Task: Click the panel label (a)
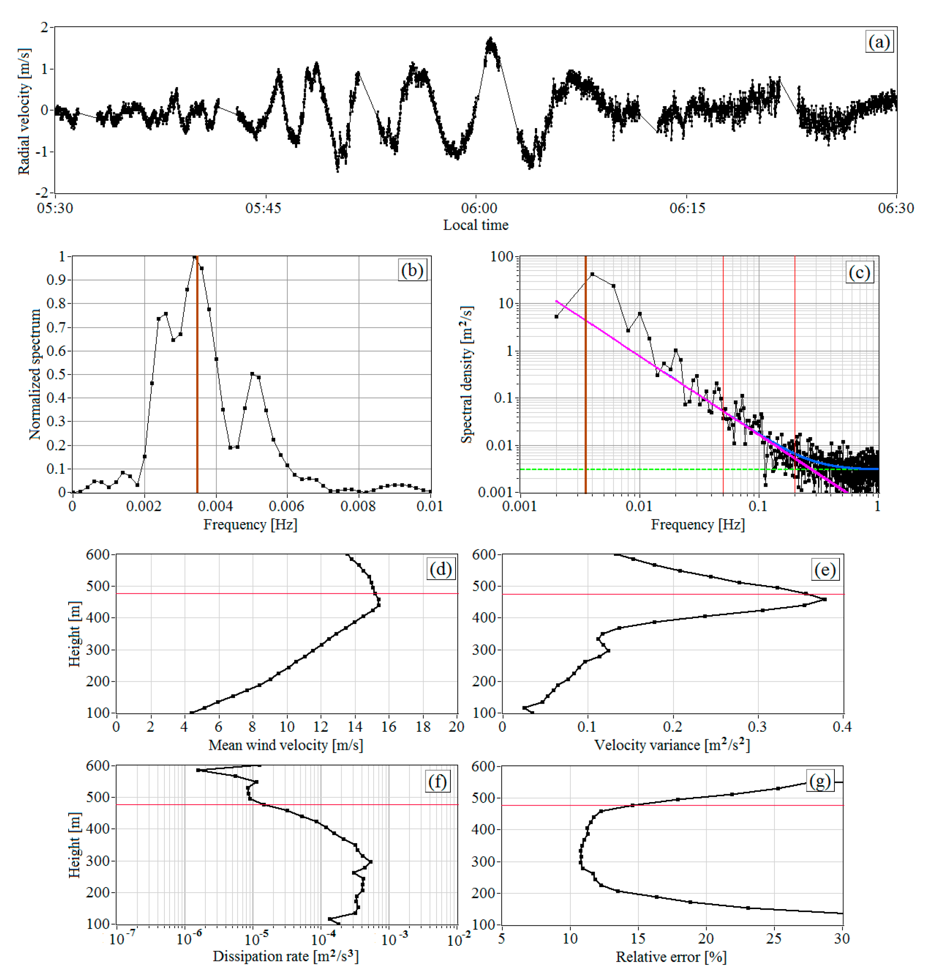pyautogui.click(x=879, y=42)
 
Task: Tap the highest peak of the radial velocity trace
pyautogui.click(x=491, y=38)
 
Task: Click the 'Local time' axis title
pyautogui.click(x=475, y=225)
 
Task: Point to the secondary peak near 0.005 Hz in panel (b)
pyautogui.click(x=252, y=374)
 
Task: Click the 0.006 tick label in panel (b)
pyautogui.click(x=286, y=506)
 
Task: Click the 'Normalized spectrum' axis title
pyautogui.click(x=35, y=375)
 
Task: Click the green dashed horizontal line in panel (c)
pyautogui.click(x=643, y=469)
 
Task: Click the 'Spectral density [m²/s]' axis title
pyautogui.click(x=467, y=375)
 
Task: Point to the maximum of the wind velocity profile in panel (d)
pyautogui.click(x=378, y=604)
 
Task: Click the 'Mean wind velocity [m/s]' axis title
pyautogui.click(x=286, y=745)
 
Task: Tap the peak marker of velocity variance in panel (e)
pyautogui.click(x=824, y=599)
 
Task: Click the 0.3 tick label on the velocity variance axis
pyautogui.click(x=757, y=727)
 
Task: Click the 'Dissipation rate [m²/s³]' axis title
pyautogui.click(x=286, y=956)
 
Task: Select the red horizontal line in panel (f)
pyautogui.click(x=346, y=805)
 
